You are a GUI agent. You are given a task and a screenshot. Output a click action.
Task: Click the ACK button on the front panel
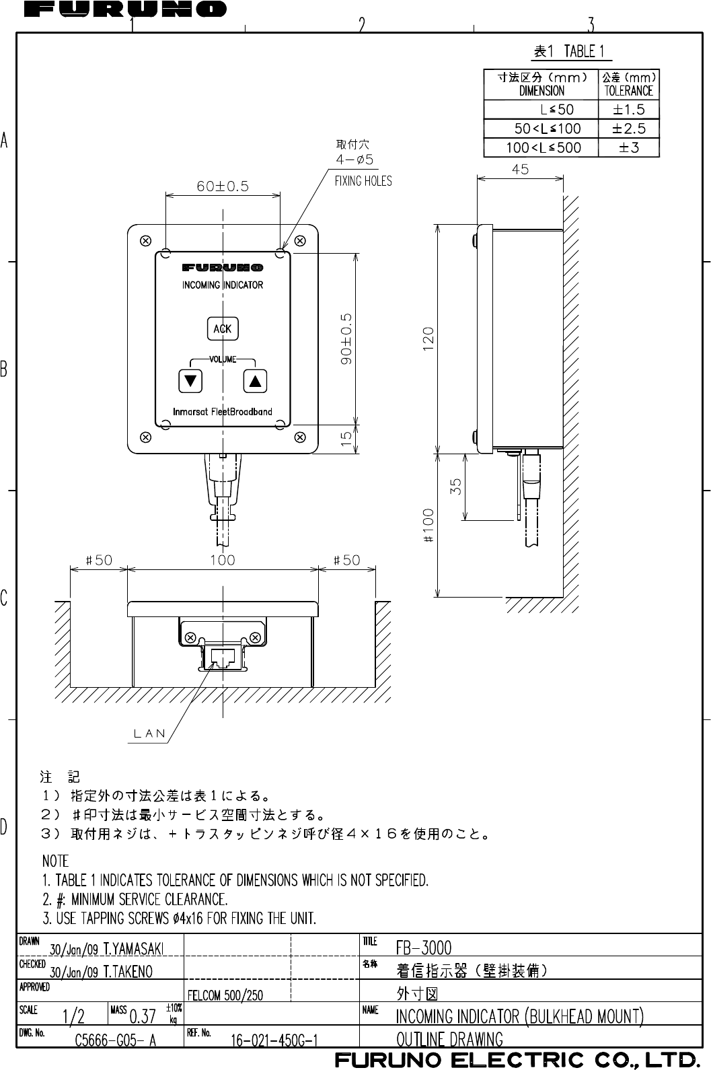tap(222, 328)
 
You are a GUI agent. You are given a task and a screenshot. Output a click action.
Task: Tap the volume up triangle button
tap(254, 381)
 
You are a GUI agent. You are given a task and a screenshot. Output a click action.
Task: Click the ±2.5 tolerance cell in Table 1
tap(629, 128)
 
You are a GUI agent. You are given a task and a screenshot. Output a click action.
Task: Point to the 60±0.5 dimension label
tap(222, 186)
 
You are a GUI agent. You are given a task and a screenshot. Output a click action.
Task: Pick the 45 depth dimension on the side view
tap(520, 170)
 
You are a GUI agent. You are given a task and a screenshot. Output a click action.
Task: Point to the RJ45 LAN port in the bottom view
tap(222, 657)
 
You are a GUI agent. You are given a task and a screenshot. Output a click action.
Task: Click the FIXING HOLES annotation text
tap(363, 181)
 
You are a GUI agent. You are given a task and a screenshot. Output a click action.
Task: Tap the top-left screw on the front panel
tap(144, 240)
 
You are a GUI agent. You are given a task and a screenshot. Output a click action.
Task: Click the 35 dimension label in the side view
tap(456, 487)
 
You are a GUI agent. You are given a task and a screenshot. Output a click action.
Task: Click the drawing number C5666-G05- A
tap(116, 1040)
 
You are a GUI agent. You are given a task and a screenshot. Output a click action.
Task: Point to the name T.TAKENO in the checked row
tap(128, 971)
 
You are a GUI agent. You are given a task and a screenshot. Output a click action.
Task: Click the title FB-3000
tap(424, 948)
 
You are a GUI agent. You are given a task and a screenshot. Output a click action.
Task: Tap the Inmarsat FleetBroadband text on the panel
tap(223, 411)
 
